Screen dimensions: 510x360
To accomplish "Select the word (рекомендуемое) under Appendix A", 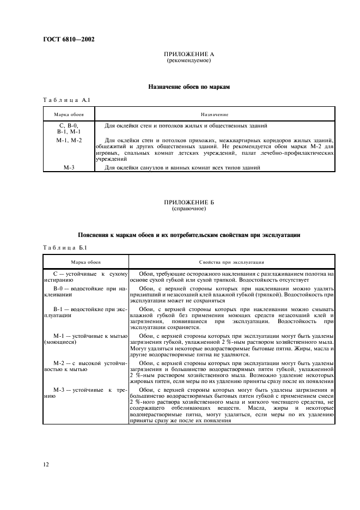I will [x=188, y=62].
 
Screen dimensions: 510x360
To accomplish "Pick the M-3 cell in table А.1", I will [x=69, y=168].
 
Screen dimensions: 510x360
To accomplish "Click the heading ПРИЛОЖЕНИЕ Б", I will [x=188, y=203].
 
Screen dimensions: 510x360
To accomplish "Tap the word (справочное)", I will [x=188, y=209].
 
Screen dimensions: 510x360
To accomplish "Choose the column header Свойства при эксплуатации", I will [x=231, y=262].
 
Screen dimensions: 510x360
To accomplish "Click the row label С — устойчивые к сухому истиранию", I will [x=86, y=275].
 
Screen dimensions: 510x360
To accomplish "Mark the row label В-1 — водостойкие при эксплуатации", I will [x=86, y=312].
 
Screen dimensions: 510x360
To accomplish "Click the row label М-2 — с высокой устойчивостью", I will [x=86, y=366].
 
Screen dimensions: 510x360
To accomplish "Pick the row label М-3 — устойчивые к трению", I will [x=86, y=393].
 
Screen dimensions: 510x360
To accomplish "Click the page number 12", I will [x=46, y=464].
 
